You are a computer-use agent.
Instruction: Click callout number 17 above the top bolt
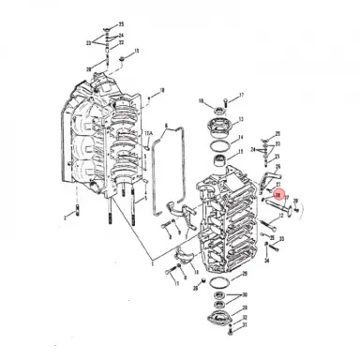241,97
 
